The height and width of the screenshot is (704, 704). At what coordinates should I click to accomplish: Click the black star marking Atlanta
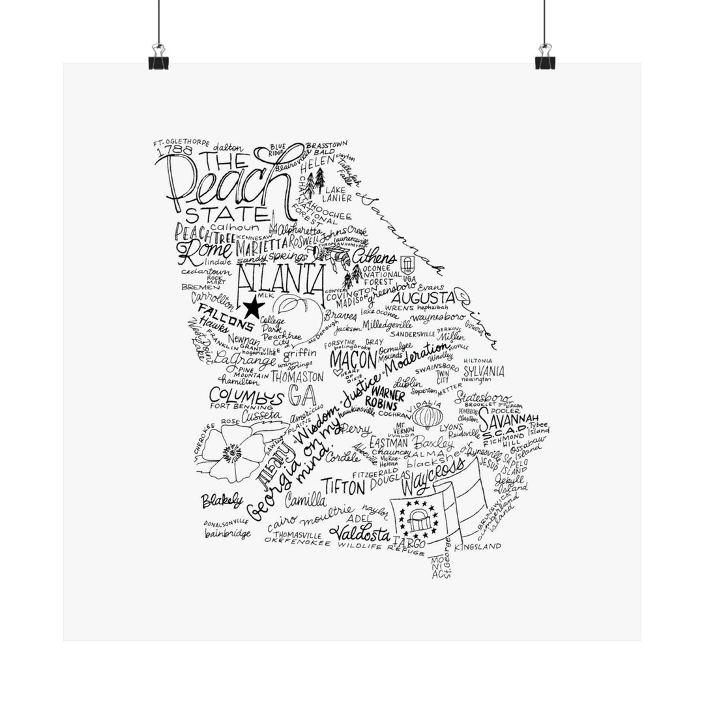click(251, 305)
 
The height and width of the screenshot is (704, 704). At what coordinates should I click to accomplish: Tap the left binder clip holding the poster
click(158, 57)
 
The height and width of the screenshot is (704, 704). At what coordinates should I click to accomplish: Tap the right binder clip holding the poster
click(545, 57)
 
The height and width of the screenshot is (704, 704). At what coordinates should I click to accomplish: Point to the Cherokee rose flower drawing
click(233, 452)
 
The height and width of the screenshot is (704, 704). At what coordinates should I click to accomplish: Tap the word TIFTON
click(343, 487)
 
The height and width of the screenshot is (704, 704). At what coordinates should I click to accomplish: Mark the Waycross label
click(433, 478)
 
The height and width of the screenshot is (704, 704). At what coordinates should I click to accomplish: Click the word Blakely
click(222, 501)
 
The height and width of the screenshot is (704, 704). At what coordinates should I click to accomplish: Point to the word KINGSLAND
click(478, 546)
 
